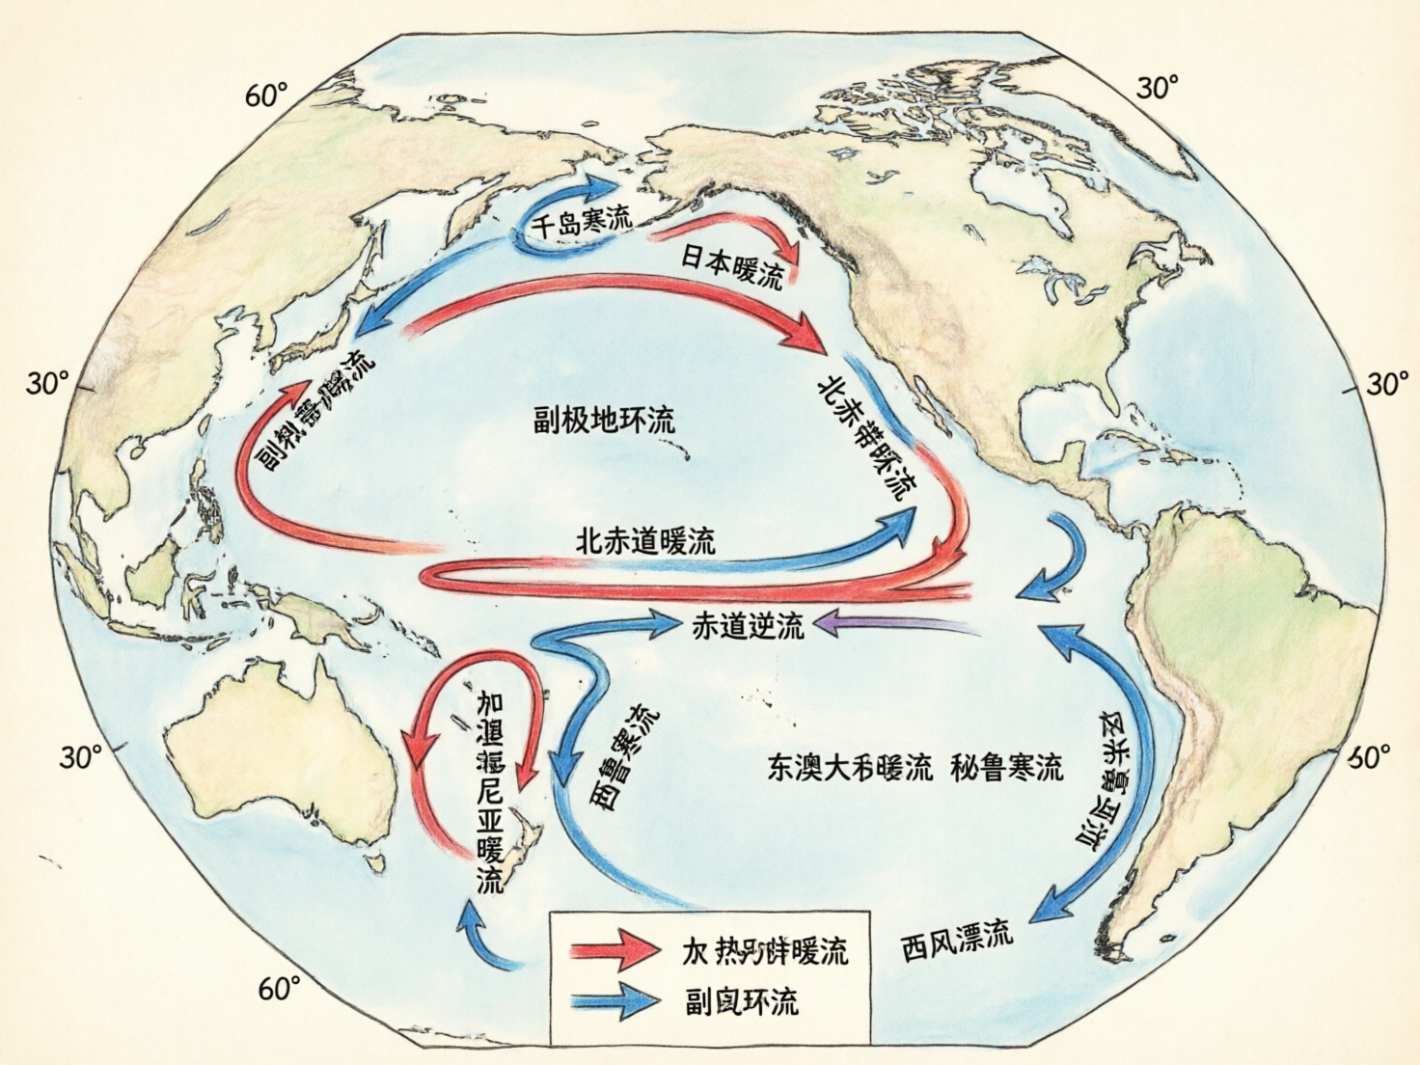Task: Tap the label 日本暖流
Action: (732, 264)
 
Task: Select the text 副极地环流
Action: (605, 420)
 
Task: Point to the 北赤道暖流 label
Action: (645, 540)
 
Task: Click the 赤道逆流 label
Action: (748, 627)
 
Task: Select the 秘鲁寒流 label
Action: (1006, 768)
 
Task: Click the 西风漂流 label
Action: (957, 937)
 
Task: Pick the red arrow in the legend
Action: (614, 949)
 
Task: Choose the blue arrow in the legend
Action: (614, 1001)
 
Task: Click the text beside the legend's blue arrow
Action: (742, 1002)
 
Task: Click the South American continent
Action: (1244, 656)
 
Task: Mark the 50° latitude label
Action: (1370, 758)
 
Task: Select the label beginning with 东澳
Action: (850, 768)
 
